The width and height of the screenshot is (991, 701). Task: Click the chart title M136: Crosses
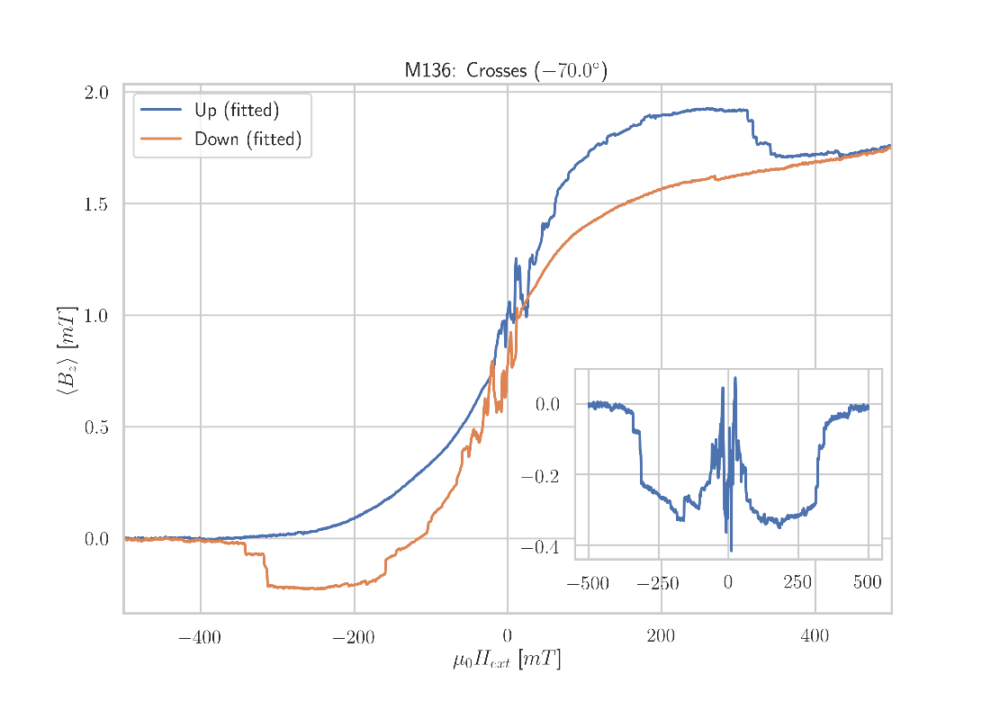[506, 70]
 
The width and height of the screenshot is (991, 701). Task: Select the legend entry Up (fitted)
[237, 111]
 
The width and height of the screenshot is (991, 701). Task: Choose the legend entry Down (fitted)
[248, 139]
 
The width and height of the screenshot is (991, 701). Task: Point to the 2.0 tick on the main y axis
[96, 92]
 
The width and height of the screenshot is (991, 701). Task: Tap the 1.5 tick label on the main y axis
[96, 203]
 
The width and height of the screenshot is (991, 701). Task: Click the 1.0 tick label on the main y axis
[96, 315]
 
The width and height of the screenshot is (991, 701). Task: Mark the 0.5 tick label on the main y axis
[96, 427]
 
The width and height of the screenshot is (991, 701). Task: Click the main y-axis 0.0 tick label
[96, 539]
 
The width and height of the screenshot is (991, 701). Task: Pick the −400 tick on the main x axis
[200, 638]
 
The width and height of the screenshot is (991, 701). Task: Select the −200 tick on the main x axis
[354, 638]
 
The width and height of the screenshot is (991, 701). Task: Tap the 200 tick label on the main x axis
[661, 638]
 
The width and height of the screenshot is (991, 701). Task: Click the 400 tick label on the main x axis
[815, 638]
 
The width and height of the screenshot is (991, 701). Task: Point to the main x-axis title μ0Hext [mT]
[507, 661]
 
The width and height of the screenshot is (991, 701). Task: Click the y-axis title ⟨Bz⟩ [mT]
[67, 351]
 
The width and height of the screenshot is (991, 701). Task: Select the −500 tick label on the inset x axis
[588, 584]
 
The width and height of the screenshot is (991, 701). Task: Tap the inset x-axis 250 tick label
[797, 584]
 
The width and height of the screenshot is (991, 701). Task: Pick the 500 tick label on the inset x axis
[867, 584]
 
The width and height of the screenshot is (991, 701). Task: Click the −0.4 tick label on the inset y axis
[539, 548]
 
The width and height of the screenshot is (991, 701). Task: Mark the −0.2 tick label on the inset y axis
[539, 476]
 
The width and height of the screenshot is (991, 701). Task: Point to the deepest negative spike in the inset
[731, 550]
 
